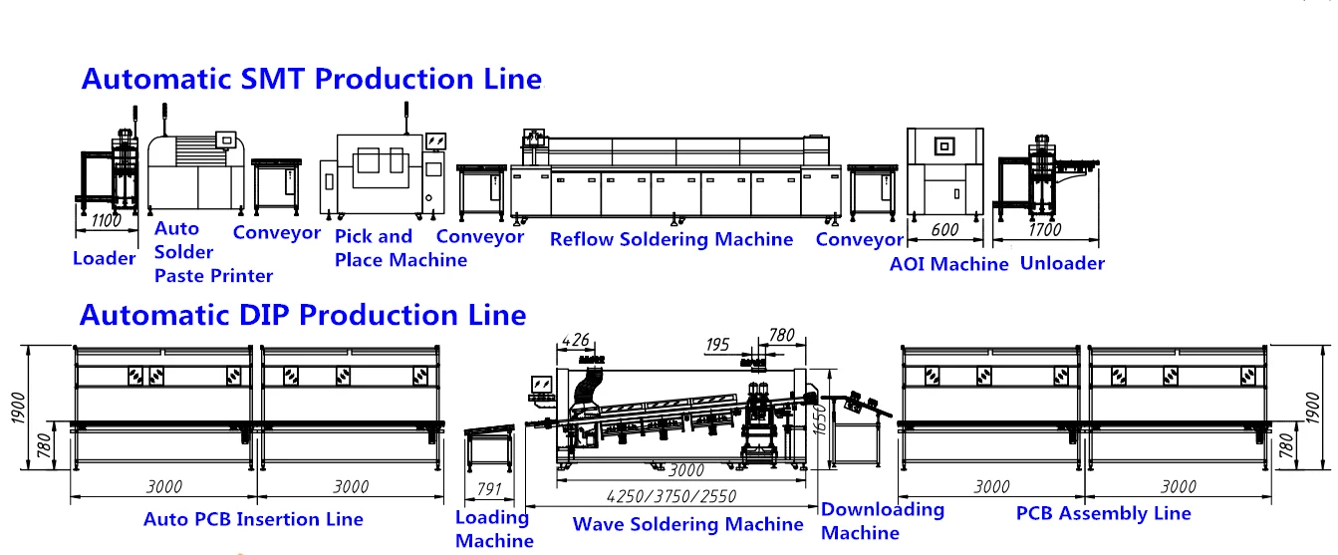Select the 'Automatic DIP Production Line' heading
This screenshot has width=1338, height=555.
tap(302, 316)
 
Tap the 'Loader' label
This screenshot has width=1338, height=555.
tap(104, 259)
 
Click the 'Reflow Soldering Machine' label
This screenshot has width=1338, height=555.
tap(671, 239)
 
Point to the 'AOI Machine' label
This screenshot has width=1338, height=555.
tap(948, 264)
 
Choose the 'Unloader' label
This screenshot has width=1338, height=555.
tap(1063, 264)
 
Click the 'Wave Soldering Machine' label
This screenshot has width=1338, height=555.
tap(687, 524)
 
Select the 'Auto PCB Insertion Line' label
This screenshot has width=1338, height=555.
tap(253, 519)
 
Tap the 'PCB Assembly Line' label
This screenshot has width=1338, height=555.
tap(1103, 514)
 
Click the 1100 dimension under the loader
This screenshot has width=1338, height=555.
tap(105, 222)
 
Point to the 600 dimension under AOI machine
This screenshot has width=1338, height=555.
tap(943, 229)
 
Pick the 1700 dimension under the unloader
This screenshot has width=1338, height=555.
tap(1044, 229)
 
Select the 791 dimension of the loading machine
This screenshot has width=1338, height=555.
tap(488, 489)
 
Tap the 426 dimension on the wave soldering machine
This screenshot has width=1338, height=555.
tap(577, 341)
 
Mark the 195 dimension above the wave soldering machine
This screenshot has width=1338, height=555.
tap(717, 345)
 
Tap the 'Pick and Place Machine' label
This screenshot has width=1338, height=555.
tap(401, 249)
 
